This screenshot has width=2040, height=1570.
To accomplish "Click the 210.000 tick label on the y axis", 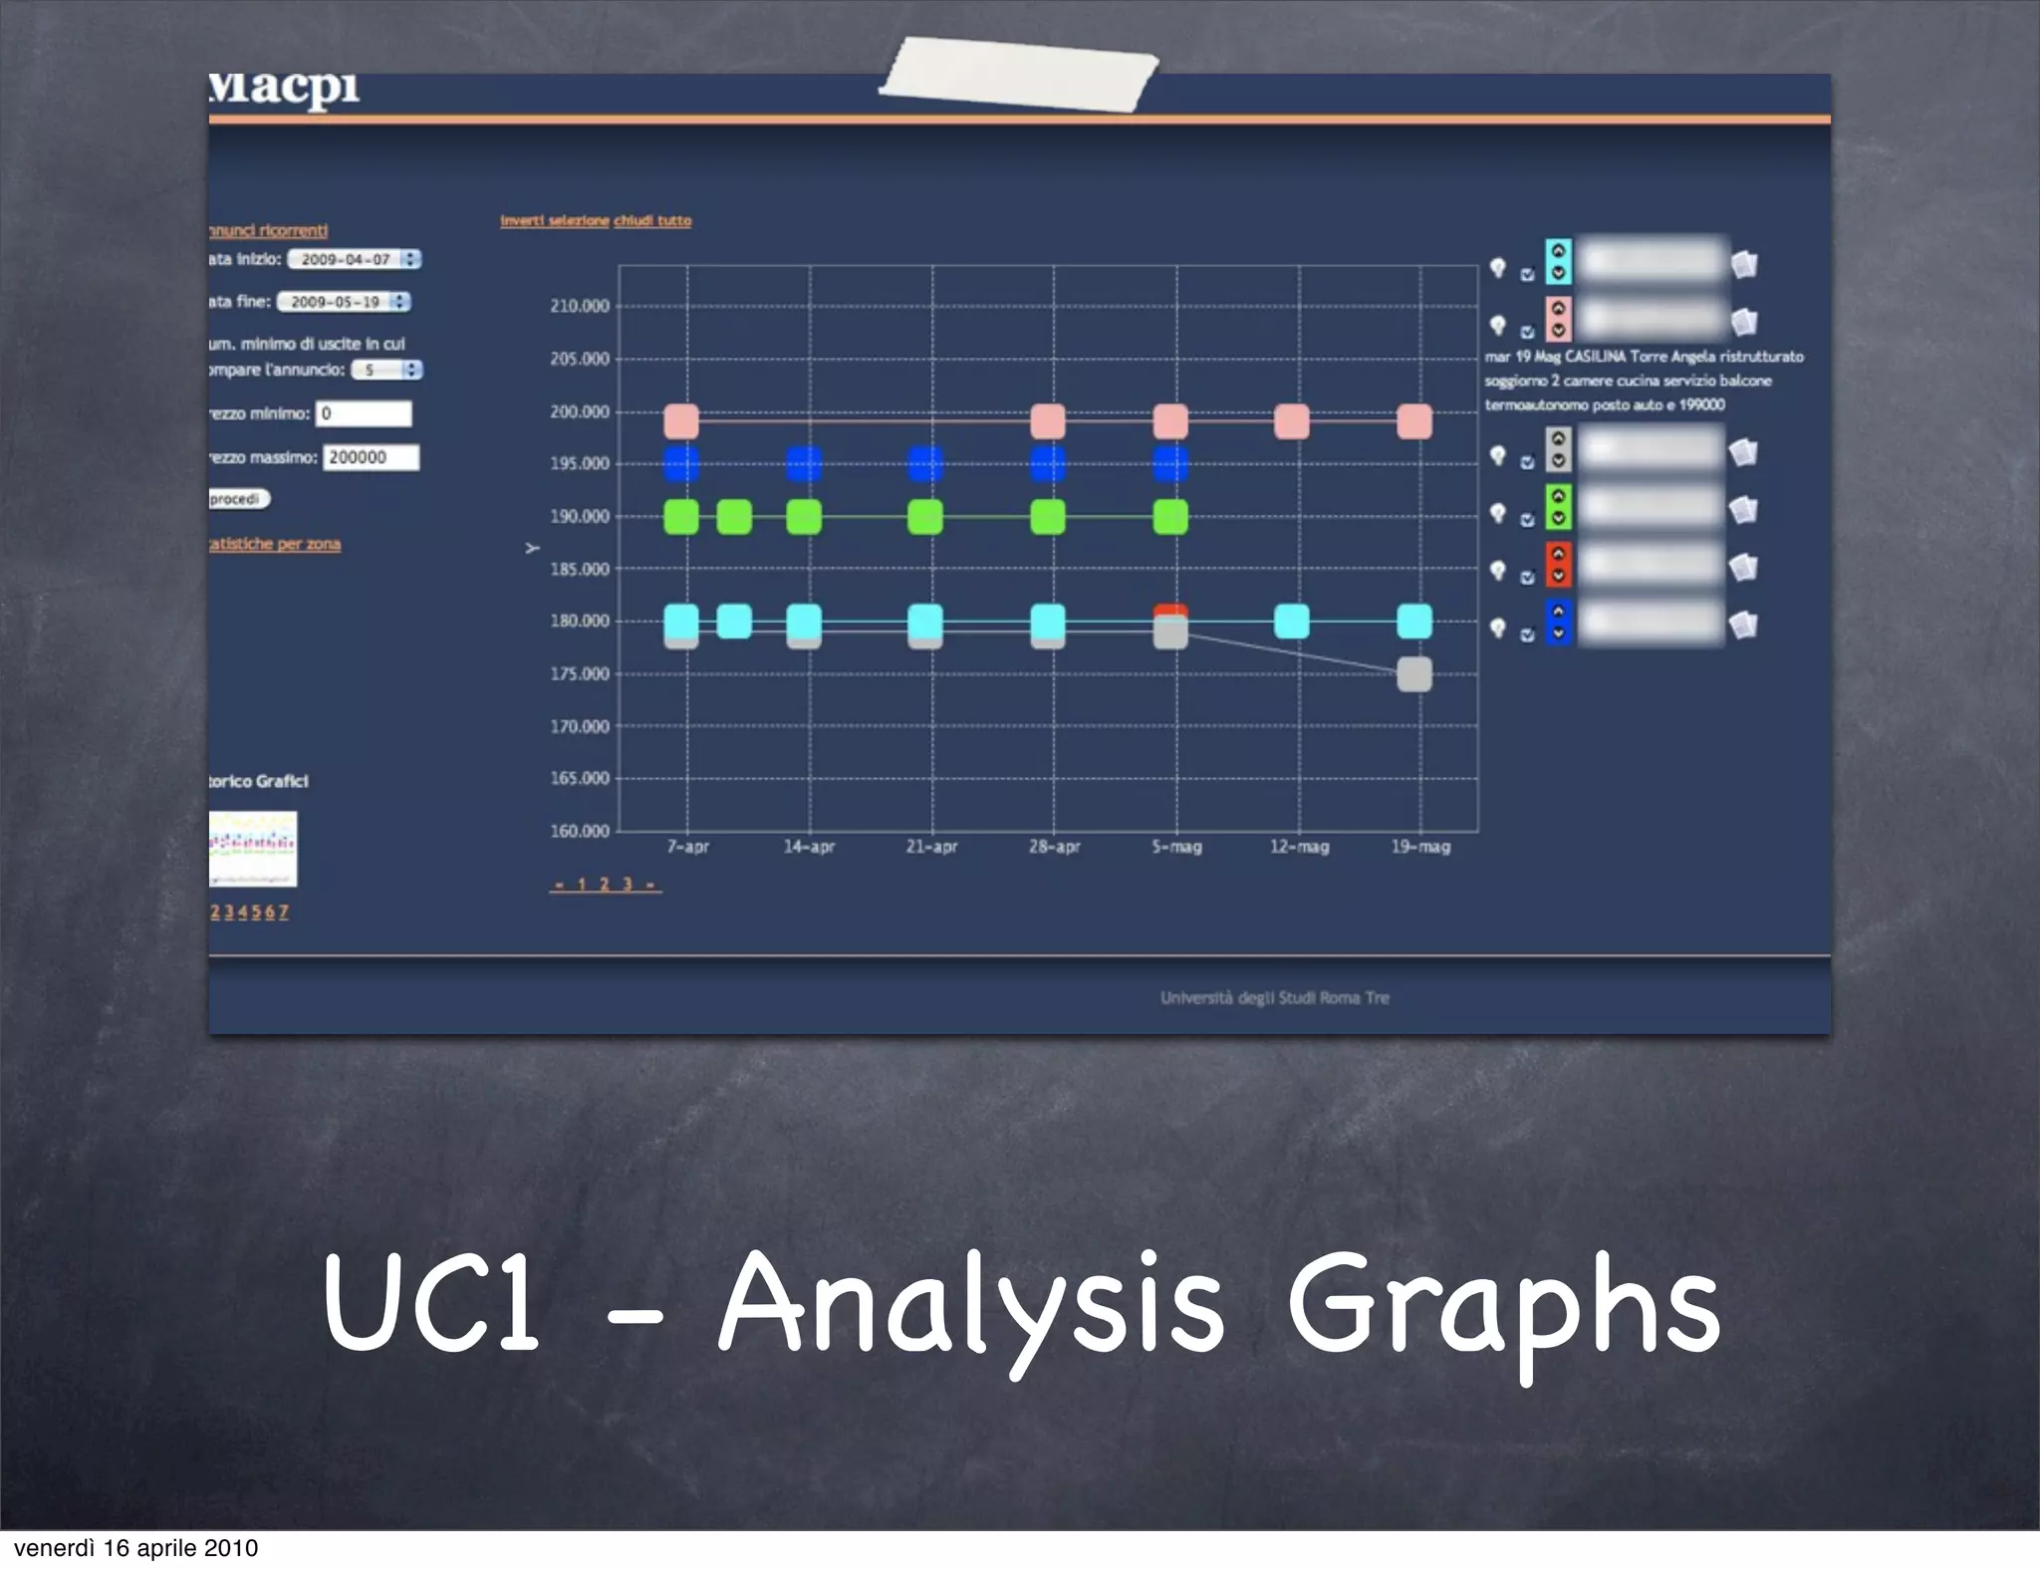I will (x=579, y=306).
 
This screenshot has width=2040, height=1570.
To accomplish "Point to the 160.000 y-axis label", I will (x=579, y=831).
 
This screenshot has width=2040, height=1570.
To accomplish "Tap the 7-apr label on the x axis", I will (x=687, y=847).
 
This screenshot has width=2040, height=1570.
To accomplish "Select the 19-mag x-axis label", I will (x=1420, y=847).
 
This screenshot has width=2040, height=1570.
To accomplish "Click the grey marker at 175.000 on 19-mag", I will (x=1414, y=674).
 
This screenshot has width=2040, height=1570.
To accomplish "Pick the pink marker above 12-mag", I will (x=1292, y=421).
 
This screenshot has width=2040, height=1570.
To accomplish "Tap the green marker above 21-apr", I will (x=925, y=517).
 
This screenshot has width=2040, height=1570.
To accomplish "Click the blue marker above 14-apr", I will (x=804, y=463).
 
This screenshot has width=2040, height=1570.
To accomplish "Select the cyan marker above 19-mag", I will (x=1414, y=621).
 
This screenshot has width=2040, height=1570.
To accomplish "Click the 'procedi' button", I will (x=237, y=499).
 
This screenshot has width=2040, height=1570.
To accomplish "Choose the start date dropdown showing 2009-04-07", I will (x=355, y=259).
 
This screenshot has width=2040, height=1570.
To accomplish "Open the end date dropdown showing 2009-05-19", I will (x=344, y=302).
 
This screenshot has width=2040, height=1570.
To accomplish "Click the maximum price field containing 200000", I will (x=371, y=457).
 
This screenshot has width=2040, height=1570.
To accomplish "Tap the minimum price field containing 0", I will (x=364, y=413).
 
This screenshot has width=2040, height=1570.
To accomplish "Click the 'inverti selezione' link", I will (x=554, y=221).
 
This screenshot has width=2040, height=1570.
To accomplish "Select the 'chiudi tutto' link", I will (x=652, y=221).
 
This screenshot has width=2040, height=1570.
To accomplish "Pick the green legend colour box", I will (x=1558, y=507).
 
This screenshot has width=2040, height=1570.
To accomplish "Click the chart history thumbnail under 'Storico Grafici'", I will (x=253, y=849).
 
